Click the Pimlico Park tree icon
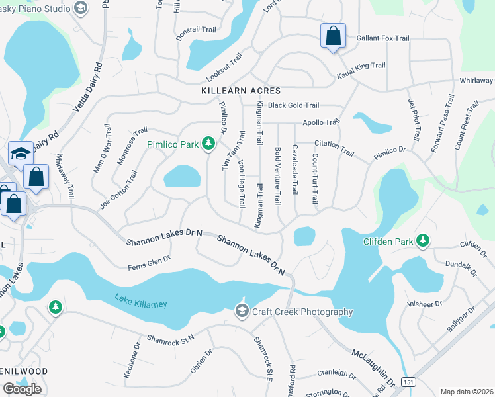pos(208,143)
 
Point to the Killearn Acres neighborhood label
pos(242,91)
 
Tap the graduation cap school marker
pos(21,154)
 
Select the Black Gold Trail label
pos(294,105)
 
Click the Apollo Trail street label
pos(320,122)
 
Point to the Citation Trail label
pos(334,148)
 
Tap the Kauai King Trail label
pos(361,66)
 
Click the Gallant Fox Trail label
pos(382,38)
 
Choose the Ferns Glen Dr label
pos(150,263)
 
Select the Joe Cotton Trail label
pos(119,191)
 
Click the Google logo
pos(22,389)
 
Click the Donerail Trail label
pos(197,30)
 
